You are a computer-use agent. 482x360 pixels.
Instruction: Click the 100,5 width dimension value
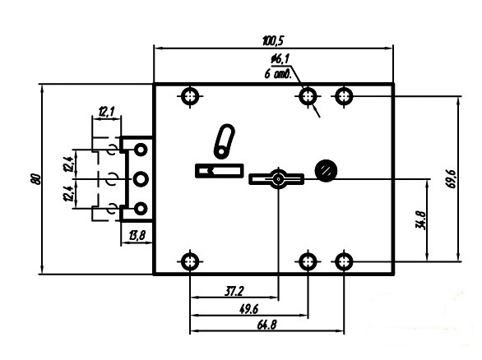point(273,41)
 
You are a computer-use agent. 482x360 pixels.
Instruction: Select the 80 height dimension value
point(35,179)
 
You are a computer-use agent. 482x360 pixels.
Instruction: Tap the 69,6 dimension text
point(451,179)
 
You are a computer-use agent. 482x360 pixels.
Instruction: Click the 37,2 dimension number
point(234,291)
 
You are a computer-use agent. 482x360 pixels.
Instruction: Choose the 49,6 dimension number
point(248,309)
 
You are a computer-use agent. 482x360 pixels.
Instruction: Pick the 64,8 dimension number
point(266,325)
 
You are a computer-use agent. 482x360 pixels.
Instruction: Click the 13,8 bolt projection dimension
point(137,236)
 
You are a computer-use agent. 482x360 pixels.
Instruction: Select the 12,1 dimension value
point(106,112)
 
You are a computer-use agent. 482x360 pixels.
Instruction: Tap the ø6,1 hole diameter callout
point(280,59)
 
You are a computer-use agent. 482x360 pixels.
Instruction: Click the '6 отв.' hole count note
point(277,74)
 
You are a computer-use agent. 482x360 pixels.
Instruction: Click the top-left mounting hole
point(190,96)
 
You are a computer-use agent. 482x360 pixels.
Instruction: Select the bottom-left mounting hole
point(190,261)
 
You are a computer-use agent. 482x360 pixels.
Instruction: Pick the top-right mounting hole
point(344,96)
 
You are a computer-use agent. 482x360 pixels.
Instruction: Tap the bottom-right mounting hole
point(344,261)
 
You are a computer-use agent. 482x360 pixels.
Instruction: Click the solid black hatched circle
point(327,170)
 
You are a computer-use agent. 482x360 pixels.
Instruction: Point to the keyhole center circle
point(279,179)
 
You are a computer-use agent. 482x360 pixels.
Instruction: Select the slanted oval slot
point(224,141)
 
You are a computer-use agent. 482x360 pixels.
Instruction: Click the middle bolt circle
point(141,179)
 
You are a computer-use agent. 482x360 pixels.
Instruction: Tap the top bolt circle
point(141,150)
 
